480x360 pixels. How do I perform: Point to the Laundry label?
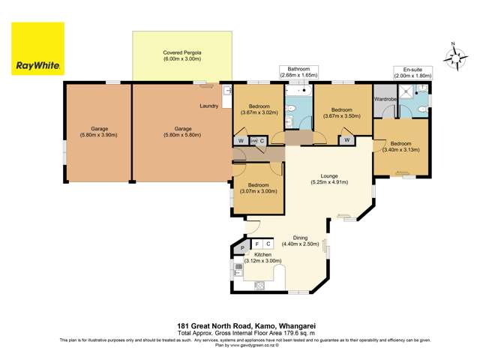pyautogui.click(x=209, y=106)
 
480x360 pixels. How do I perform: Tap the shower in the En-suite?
pyautogui.click(x=406, y=91)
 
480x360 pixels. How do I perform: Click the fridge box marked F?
pyautogui.click(x=257, y=244)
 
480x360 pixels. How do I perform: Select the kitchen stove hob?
pyautogui.click(x=260, y=284)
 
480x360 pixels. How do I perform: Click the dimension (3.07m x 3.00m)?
pyautogui.click(x=259, y=192)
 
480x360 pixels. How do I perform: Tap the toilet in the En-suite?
pyautogui.click(x=424, y=110)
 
